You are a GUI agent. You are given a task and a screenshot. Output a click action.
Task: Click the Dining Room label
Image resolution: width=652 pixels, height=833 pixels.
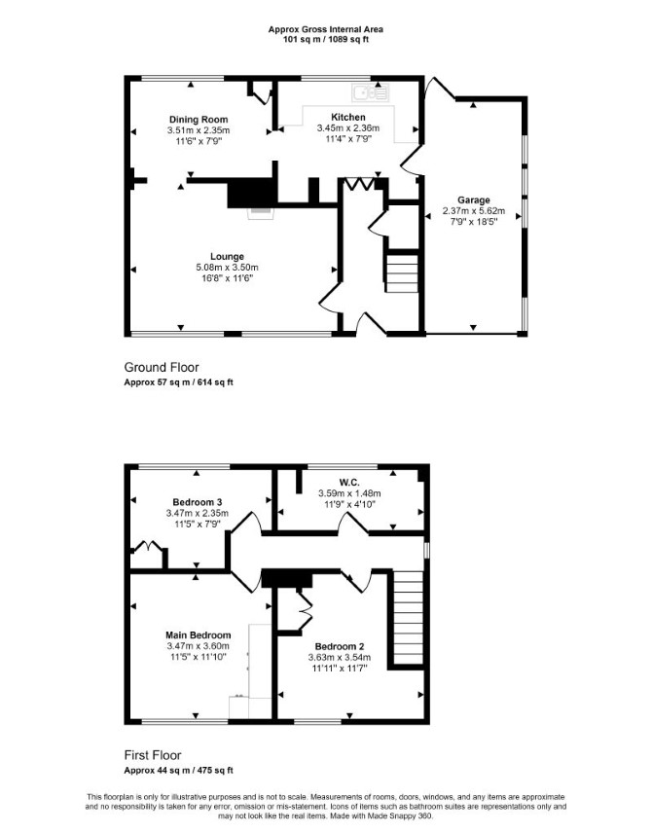[199, 120]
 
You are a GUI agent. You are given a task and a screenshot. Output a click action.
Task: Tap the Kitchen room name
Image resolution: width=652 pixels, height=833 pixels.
[348, 117]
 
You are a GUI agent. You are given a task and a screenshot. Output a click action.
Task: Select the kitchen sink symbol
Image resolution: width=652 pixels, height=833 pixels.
[371, 92]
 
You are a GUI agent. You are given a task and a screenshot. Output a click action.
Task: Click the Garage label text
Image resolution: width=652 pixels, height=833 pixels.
[474, 200]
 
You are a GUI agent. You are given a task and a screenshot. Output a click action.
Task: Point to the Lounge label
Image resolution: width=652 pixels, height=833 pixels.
[227, 257]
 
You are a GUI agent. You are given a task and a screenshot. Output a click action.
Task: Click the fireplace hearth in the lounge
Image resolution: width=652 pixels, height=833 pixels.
[261, 212]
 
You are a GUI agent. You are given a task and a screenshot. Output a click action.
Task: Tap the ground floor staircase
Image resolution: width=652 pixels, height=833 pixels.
[402, 273]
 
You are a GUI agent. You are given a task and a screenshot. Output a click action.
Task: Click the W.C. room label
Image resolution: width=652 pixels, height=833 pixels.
[349, 483]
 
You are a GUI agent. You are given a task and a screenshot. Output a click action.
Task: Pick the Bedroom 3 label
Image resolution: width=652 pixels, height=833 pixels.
[198, 502]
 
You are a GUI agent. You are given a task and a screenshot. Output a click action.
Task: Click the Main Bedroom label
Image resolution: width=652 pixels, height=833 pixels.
[199, 634]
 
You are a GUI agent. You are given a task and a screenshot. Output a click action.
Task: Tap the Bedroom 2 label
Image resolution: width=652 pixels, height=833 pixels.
[340, 646]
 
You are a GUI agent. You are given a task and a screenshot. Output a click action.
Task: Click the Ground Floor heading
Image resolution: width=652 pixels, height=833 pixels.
[162, 367]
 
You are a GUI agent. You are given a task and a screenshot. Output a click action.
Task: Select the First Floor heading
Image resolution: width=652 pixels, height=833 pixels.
[153, 755]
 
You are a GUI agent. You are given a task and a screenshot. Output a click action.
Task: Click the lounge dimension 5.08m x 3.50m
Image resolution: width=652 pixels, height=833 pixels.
[227, 268]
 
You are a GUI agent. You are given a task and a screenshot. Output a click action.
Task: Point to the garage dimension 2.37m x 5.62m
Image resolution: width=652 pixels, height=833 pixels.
[474, 211]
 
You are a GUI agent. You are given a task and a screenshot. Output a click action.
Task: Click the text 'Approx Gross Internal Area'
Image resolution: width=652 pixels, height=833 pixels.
[325, 30]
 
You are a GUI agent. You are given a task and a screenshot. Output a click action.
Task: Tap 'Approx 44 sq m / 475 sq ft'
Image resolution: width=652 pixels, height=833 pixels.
[178, 771]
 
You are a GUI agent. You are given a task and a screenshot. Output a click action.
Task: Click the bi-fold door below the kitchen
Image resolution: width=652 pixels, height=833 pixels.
[360, 184]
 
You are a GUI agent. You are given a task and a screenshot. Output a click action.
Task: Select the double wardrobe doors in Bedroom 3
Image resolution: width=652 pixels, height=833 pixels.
[147, 547]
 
